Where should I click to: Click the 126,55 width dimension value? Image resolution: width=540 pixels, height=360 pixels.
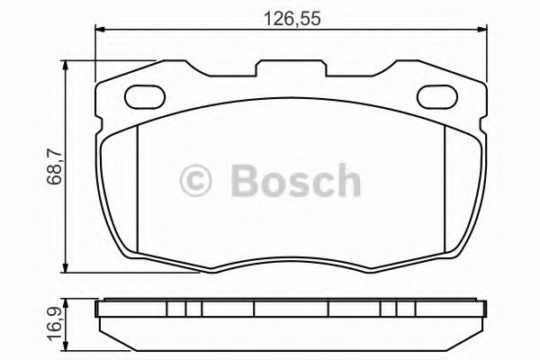click(x=292, y=19)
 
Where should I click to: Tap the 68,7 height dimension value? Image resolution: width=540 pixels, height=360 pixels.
click(x=54, y=167)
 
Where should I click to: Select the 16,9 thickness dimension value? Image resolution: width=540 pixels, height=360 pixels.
click(x=54, y=325)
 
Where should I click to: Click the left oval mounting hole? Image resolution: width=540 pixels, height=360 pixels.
click(x=145, y=97)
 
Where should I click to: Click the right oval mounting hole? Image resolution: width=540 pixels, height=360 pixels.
click(x=437, y=97)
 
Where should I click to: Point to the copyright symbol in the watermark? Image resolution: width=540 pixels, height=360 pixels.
click(x=195, y=181)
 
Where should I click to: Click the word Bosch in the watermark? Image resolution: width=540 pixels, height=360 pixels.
click(x=295, y=180)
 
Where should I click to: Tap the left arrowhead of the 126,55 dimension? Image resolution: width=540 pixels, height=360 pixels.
click(x=99, y=30)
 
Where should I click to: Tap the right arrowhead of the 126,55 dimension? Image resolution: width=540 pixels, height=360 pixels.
click(x=482, y=30)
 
